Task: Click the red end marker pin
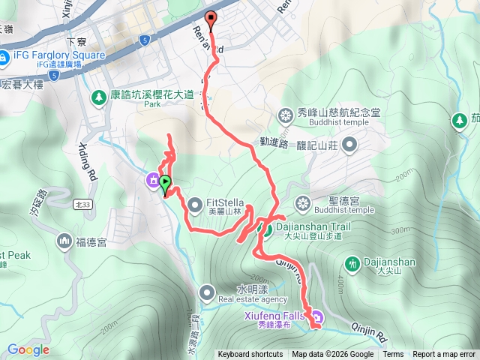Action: coord(211,20)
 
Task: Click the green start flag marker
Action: coord(165,183)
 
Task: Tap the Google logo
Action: coord(28,349)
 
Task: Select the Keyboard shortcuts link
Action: coord(250,355)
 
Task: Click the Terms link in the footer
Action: coord(393,355)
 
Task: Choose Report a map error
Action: coord(444,355)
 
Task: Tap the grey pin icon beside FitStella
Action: coord(195,202)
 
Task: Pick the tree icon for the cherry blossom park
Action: coord(98,97)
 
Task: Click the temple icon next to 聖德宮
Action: coord(302,203)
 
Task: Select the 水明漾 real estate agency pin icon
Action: coord(207,291)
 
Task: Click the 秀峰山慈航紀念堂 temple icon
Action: coord(286,115)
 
